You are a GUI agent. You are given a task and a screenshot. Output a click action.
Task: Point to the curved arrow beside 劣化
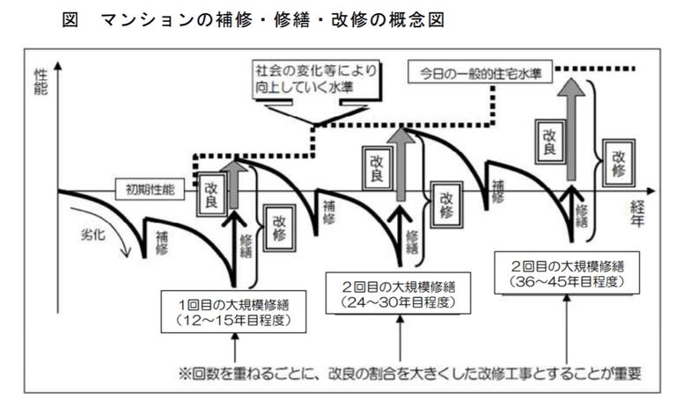click(x=118, y=237)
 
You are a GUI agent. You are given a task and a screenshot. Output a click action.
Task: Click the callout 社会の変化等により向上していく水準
click(x=313, y=77)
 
